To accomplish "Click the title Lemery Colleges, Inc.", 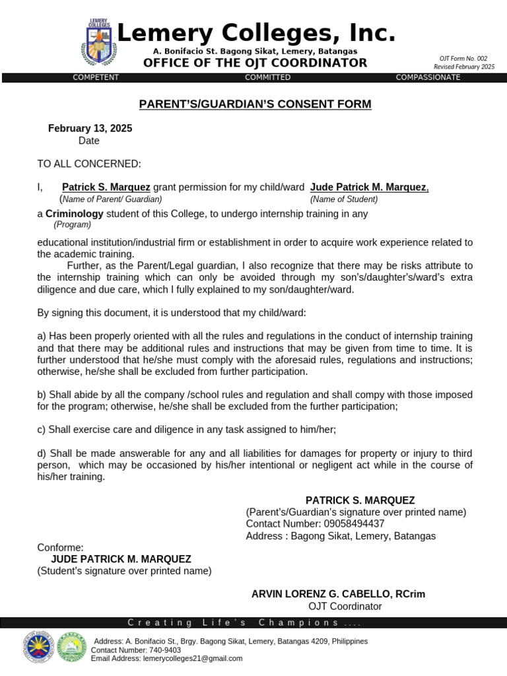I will (x=256, y=32).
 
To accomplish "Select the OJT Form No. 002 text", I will (x=463, y=58).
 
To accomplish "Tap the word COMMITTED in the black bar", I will (x=267, y=77).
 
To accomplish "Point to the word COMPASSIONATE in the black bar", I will (x=428, y=77).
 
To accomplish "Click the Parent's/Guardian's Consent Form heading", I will (x=255, y=104).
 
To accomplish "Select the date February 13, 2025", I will (x=90, y=128).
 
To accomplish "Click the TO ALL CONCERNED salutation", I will (x=88, y=164).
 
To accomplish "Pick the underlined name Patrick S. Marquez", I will (x=106, y=187).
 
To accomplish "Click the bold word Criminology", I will (x=75, y=214).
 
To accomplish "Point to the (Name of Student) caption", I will (x=344, y=199).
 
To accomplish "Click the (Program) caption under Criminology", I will (x=73, y=224).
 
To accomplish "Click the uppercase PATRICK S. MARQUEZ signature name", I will (x=360, y=500).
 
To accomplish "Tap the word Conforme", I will (x=60, y=547).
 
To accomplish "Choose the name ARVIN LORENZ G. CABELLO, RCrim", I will (x=338, y=594).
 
